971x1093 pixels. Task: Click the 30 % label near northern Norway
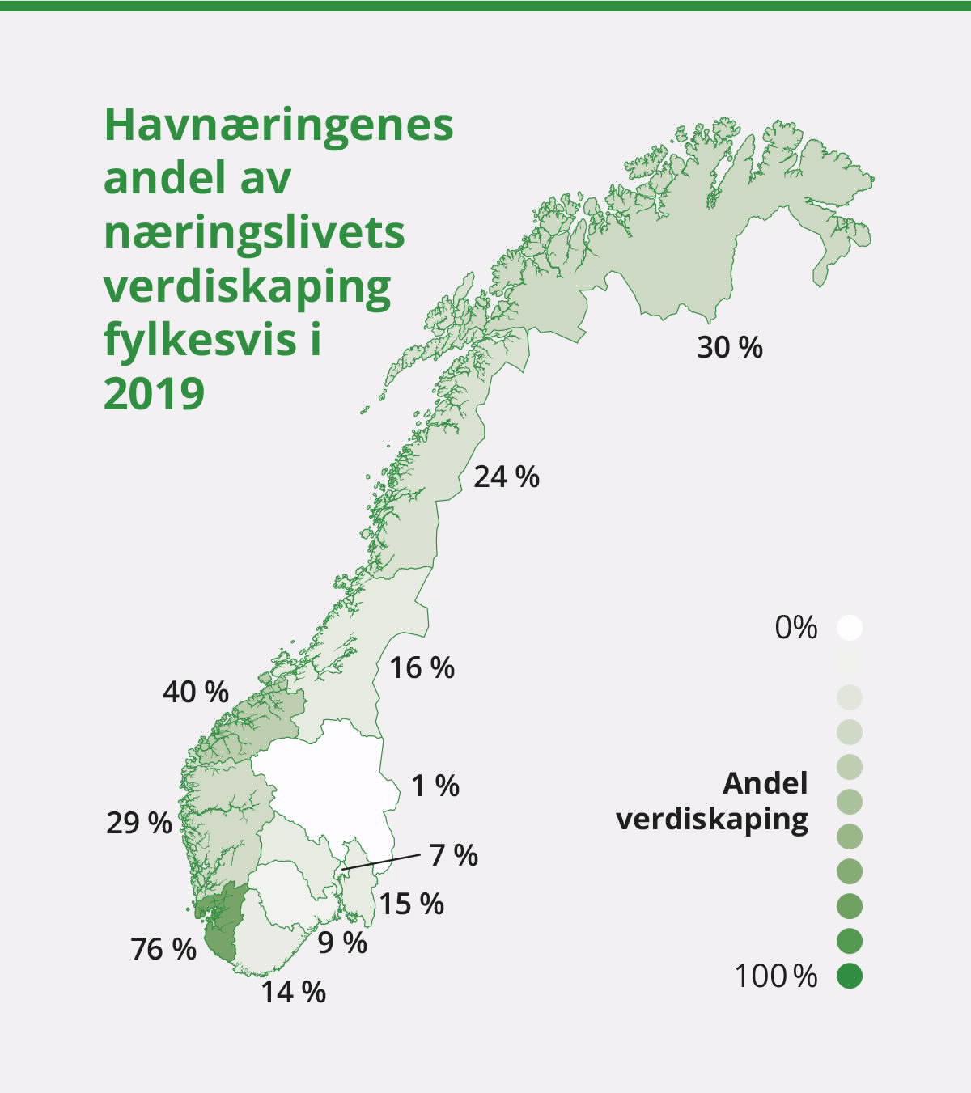[x=730, y=347]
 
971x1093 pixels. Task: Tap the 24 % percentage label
[x=507, y=477]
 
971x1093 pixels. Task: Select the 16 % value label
[x=422, y=667]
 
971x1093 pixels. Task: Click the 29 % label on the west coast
[x=139, y=823]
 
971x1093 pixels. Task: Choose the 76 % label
[x=163, y=949]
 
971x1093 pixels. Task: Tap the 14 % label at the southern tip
[x=293, y=991]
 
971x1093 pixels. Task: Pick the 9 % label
[x=342, y=943]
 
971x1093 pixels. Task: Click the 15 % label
[x=412, y=904]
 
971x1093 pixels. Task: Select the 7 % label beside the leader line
[x=454, y=854]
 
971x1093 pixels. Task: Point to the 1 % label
[x=436, y=786]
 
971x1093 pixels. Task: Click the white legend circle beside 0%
[x=850, y=628]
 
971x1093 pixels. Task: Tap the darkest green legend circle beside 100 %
[x=850, y=976]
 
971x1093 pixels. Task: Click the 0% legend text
[x=796, y=628]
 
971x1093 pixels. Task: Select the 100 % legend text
[x=776, y=976]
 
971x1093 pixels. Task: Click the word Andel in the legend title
[x=765, y=783]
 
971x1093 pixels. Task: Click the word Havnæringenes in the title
[x=278, y=125]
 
